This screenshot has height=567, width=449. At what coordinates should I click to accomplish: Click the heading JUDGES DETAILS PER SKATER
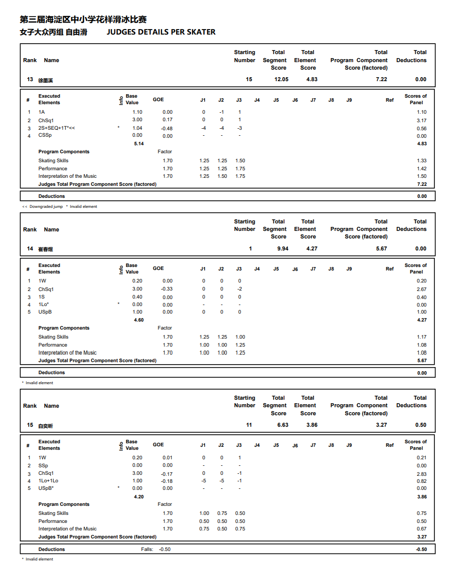pyautogui.click(x=161, y=32)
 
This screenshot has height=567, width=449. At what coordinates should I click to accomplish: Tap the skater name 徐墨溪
pyautogui.click(x=46, y=80)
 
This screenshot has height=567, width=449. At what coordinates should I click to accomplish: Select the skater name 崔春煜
pyautogui.click(x=46, y=249)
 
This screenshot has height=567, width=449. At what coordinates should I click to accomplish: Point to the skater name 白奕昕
pyautogui.click(x=46, y=425)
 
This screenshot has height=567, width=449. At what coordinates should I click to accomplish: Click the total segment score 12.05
pyautogui.click(x=281, y=79)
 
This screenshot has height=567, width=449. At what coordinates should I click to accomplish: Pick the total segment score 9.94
pyautogui.click(x=283, y=248)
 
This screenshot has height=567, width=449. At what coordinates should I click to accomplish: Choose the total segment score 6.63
pyautogui.click(x=283, y=425)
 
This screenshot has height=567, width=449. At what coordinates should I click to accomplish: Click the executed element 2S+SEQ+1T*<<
pyautogui.click(x=57, y=128)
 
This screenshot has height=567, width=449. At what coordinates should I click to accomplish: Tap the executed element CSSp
pyautogui.click(x=45, y=136)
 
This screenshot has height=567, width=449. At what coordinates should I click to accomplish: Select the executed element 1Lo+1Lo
pyautogui.click(x=48, y=481)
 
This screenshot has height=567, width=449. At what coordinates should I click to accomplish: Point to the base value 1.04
pyautogui.click(x=137, y=128)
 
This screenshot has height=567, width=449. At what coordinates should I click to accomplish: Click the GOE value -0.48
pyautogui.click(x=167, y=128)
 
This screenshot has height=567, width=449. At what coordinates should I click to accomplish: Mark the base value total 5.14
pyautogui.click(x=138, y=144)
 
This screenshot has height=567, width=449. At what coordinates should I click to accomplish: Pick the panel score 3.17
pyautogui.click(x=421, y=121)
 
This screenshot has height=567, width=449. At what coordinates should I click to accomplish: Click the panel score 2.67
pyautogui.click(x=421, y=290)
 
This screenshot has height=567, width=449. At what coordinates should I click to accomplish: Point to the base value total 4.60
pyautogui.click(x=138, y=320)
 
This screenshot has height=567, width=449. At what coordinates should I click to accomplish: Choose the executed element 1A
pyautogui.click(x=42, y=112)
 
